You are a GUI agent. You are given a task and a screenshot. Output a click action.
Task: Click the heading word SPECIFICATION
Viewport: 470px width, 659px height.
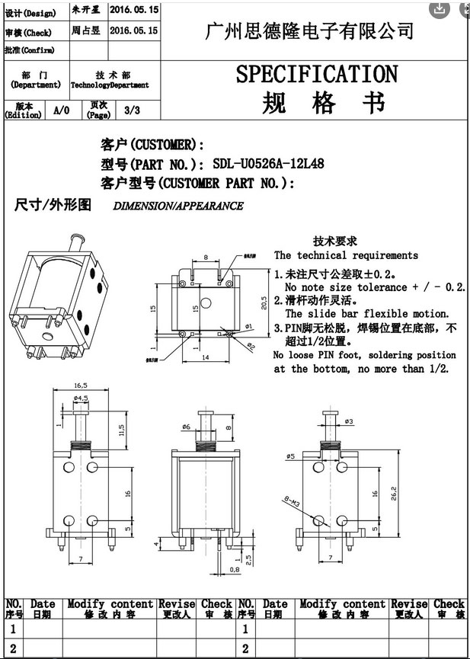(x=317, y=75)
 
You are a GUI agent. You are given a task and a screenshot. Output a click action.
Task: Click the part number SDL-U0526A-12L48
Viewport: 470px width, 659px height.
(x=268, y=163)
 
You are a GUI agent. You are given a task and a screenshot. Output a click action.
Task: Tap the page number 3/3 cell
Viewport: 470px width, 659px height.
(x=132, y=110)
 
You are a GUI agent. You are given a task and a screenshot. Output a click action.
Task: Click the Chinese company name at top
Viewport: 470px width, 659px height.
(x=310, y=30)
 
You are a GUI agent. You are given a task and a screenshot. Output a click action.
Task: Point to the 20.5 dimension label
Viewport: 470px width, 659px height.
(x=263, y=303)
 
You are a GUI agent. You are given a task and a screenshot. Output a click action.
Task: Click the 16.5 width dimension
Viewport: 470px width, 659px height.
(x=81, y=385)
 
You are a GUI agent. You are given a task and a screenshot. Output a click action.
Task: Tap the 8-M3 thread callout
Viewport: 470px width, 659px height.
(x=291, y=502)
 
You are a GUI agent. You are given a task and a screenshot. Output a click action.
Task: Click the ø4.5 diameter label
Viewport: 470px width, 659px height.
(x=81, y=398)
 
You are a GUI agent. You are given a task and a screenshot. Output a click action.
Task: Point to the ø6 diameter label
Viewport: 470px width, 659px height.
(x=186, y=427)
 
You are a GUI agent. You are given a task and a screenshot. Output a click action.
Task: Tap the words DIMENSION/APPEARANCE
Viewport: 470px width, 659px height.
(x=178, y=206)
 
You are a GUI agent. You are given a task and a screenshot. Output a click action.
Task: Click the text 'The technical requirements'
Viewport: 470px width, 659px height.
(x=346, y=255)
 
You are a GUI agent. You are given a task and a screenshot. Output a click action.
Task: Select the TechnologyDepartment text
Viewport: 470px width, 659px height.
(x=110, y=85)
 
